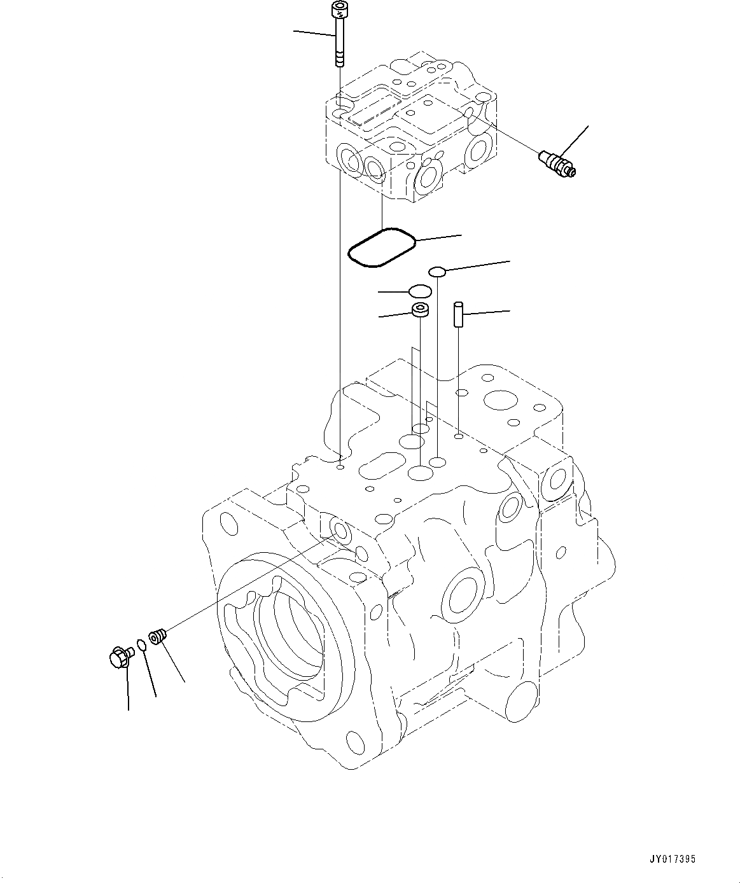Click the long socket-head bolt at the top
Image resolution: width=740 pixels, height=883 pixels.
coord(339,34)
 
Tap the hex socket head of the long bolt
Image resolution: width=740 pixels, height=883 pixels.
coord(339,8)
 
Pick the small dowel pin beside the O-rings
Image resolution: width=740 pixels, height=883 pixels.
coord(459,314)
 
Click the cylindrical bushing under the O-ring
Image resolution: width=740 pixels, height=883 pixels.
coord(421,310)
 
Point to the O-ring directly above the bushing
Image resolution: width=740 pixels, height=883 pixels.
coord(420,291)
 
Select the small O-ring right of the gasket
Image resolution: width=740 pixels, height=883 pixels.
coord(437,272)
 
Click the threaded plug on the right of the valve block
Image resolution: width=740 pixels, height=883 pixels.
coord(557,163)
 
